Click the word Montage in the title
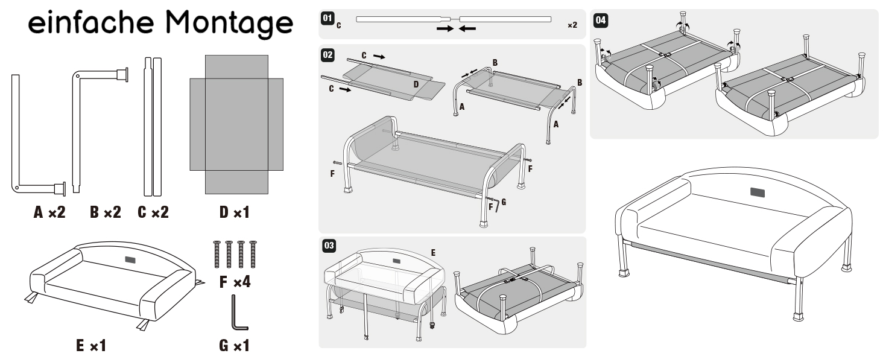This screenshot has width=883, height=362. [x=229, y=24]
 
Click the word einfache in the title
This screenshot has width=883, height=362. [x=90, y=22]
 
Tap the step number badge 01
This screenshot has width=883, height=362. [x=328, y=18]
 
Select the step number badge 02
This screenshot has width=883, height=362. [x=328, y=55]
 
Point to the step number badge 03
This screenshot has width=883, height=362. [x=329, y=246]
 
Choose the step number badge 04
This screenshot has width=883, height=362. [x=600, y=20]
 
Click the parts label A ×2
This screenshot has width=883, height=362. [x=49, y=212]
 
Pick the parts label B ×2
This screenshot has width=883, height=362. [x=106, y=212]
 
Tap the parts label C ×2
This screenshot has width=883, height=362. [x=153, y=212]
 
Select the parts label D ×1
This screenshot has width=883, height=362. [x=235, y=212]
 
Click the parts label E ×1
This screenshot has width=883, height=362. [x=91, y=346]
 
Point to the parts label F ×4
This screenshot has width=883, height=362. [x=235, y=282]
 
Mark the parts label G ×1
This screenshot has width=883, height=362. [x=235, y=346]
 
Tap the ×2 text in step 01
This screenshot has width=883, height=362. [x=572, y=25]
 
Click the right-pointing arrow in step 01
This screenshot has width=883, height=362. [x=445, y=28]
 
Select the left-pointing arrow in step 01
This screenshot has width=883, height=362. [x=467, y=28]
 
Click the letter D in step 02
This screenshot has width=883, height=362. [x=416, y=84]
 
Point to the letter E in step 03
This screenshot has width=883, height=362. [x=433, y=252]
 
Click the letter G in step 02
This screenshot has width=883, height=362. [x=504, y=202]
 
